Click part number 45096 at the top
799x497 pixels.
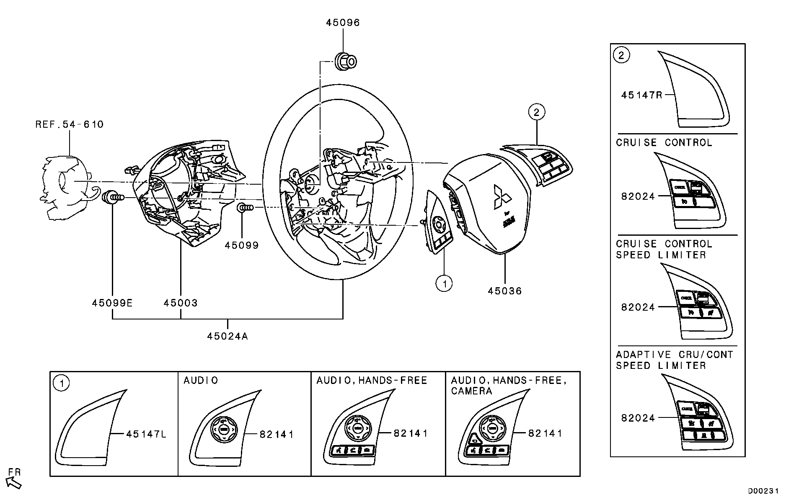(343, 23)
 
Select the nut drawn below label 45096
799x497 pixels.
(345, 62)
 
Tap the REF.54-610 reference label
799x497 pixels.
(70, 124)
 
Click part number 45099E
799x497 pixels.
(112, 303)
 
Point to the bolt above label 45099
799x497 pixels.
(244, 208)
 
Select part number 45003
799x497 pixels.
(181, 303)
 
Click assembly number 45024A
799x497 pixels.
(228, 336)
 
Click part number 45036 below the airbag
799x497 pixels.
(505, 291)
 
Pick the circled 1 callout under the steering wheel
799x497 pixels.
(444, 283)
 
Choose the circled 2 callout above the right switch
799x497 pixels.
(537, 112)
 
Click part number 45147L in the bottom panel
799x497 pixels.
(146, 434)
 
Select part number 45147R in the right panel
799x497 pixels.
(642, 95)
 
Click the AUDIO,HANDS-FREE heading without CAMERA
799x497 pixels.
(372, 380)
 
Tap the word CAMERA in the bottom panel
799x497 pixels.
(471, 391)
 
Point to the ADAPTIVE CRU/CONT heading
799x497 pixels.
(675, 355)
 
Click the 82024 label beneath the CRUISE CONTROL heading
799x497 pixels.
(638, 196)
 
